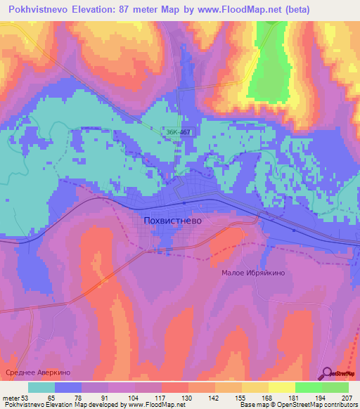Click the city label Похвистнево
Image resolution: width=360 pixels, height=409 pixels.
(x=172, y=220)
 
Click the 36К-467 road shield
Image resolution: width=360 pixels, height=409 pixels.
(x=179, y=131)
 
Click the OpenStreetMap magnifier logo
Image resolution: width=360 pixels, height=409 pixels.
(x=327, y=373)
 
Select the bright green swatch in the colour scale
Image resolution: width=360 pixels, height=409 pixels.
(x=308, y=387)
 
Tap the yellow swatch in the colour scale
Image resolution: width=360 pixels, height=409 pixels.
(x=281, y=387)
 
